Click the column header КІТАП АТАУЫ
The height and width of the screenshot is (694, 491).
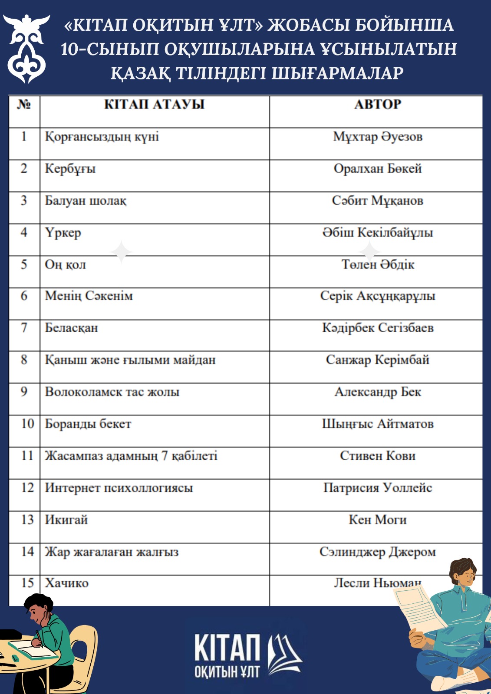click(x=154, y=105)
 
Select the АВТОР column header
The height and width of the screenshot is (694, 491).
click(x=377, y=105)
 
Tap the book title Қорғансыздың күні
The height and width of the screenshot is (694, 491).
click(x=102, y=137)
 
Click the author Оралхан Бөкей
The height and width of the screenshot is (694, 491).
click(x=377, y=168)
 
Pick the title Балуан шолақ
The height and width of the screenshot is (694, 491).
click(x=86, y=201)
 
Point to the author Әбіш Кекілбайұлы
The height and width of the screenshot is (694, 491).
click(x=377, y=232)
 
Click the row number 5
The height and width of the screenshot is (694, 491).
click(x=24, y=264)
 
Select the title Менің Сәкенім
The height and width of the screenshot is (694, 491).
click(x=89, y=296)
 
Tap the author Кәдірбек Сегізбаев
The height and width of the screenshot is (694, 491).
click(x=377, y=328)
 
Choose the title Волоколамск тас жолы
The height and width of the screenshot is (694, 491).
click(x=112, y=392)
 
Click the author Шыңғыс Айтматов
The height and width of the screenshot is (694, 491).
click(x=377, y=424)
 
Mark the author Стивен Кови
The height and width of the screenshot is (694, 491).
click(x=377, y=456)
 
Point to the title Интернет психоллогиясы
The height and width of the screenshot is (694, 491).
click(x=119, y=488)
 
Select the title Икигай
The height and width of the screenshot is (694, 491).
click(x=66, y=520)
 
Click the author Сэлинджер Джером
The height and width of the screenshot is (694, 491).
click(x=377, y=552)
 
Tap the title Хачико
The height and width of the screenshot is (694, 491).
click(x=67, y=583)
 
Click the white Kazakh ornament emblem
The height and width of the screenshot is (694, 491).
click(x=26, y=48)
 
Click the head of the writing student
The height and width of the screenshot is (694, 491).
click(x=39, y=607)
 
